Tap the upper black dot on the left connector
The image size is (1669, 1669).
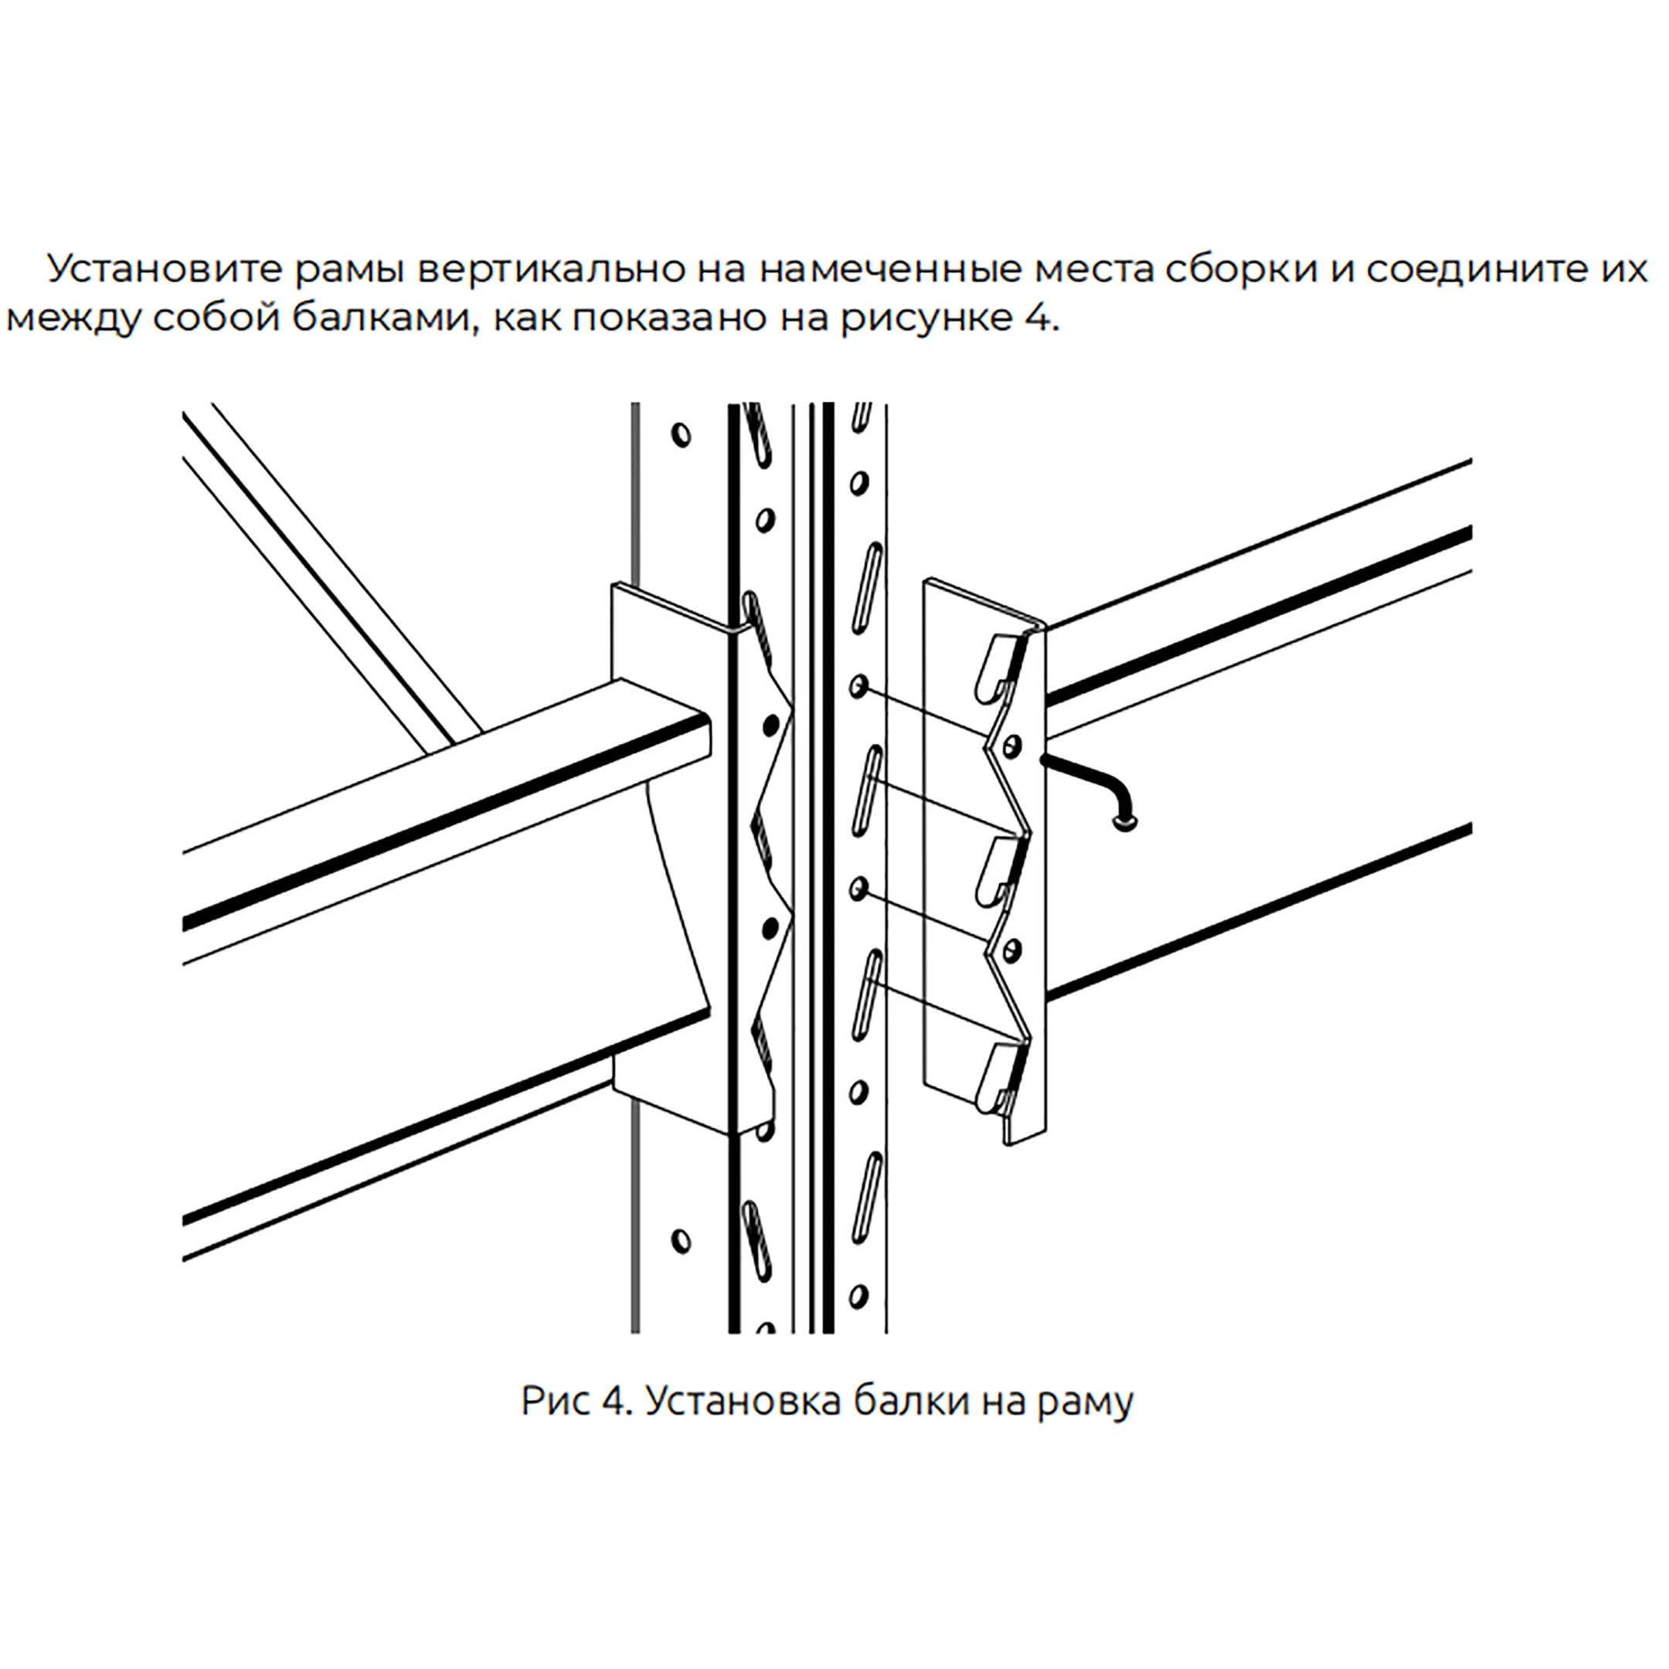point(770,726)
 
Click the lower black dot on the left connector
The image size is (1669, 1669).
point(769,929)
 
